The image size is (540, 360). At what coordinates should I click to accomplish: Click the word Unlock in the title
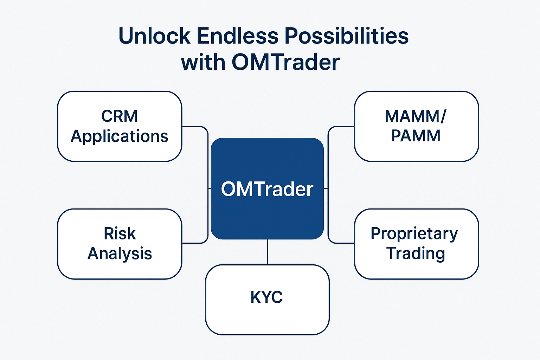point(154,36)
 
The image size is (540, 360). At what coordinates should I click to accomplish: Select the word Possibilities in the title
point(346,36)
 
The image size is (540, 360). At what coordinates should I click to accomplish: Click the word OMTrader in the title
point(285,63)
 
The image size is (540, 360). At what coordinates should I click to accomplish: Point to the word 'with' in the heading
point(203,63)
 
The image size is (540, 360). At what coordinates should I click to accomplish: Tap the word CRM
point(120,116)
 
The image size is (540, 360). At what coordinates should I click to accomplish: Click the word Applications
point(120,136)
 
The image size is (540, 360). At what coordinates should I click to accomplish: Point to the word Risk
point(120,234)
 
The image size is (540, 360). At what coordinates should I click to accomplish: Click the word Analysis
point(120,253)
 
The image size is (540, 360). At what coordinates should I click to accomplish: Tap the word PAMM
point(416,136)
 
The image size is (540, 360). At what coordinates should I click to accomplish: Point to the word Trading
point(416,253)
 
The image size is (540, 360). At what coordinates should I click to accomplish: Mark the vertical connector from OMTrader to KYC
point(268,252)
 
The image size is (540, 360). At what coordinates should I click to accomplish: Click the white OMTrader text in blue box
point(267,189)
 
